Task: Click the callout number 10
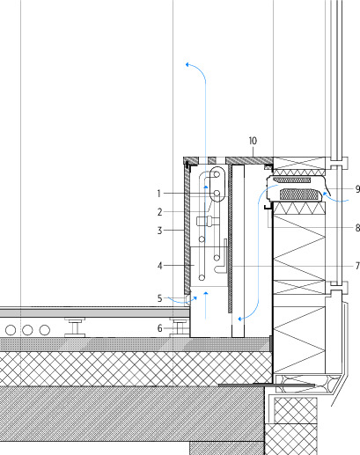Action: (x=253, y=141)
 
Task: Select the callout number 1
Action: (x=159, y=194)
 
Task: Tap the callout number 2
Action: (x=159, y=212)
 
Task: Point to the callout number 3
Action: (x=159, y=231)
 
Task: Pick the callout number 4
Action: (x=159, y=266)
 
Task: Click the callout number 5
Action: (x=159, y=298)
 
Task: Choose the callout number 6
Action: (x=159, y=328)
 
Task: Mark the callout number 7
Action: (x=357, y=266)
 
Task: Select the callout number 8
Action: (x=357, y=228)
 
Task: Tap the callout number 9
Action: (x=357, y=189)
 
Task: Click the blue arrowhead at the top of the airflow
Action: (x=187, y=64)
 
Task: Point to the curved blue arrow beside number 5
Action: (x=182, y=300)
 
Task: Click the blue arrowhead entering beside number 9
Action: (x=325, y=194)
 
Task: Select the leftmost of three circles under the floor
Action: (x=11, y=330)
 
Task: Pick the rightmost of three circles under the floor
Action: (x=44, y=330)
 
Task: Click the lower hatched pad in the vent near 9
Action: (x=299, y=194)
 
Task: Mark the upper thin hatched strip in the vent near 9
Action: (x=291, y=180)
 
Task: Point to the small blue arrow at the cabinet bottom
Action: (x=206, y=305)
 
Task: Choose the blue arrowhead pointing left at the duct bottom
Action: (x=240, y=319)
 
